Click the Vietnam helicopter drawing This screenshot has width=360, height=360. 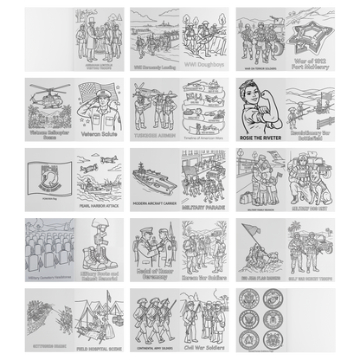pos(46,99)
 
